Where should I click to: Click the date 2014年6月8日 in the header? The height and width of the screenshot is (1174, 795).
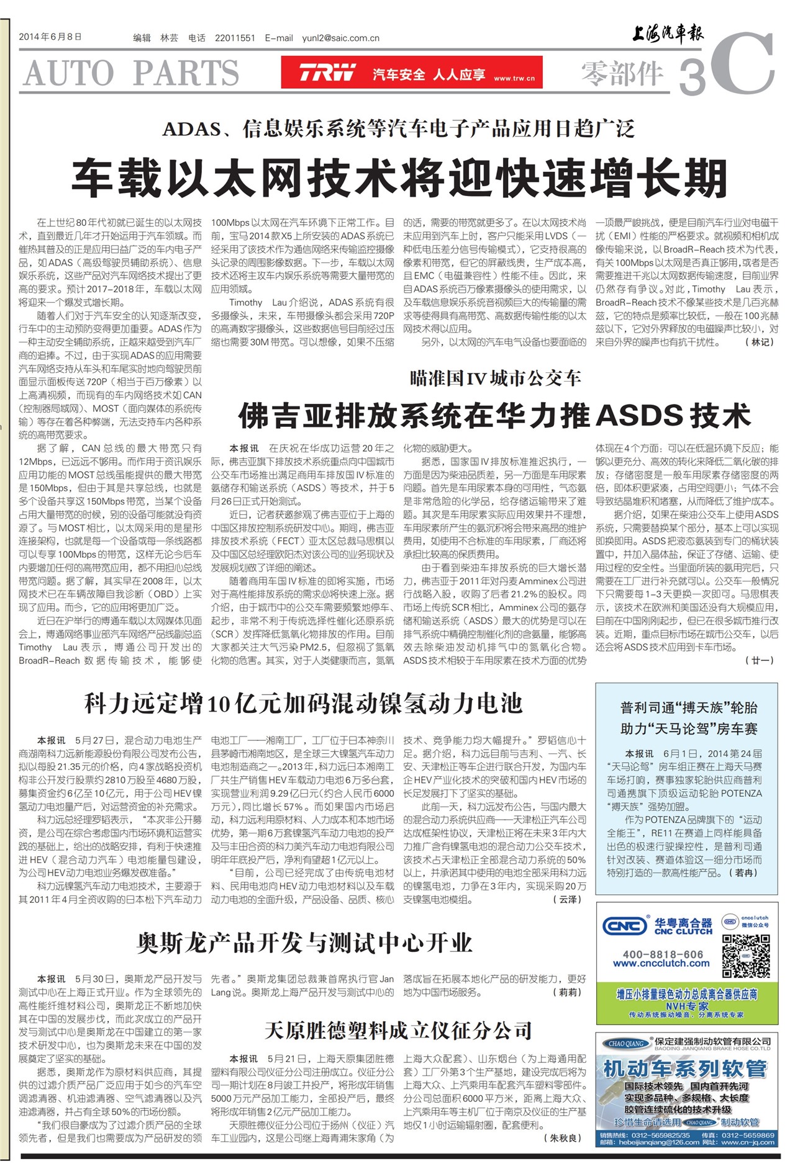point(50,37)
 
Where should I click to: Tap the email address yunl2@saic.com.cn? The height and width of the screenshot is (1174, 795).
point(340,38)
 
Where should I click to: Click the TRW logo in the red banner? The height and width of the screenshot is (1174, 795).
point(327,73)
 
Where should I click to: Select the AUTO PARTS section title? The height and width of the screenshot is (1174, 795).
point(131,73)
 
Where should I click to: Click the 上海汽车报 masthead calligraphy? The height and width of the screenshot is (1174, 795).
point(668,34)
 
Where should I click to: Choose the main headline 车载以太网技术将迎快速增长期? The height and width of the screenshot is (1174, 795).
point(399,178)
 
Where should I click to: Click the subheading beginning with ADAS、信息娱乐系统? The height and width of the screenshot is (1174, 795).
point(398,129)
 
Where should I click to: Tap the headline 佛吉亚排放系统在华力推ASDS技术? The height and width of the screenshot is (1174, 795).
point(494,415)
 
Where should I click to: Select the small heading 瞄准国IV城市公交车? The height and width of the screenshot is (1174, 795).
point(495,378)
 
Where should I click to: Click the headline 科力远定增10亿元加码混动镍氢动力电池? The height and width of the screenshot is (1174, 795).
point(303,704)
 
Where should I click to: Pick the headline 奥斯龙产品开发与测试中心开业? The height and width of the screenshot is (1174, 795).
point(304,943)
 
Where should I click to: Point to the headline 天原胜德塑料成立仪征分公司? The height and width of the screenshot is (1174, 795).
point(398,1031)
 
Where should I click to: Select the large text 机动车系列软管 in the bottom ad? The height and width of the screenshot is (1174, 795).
point(685,1069)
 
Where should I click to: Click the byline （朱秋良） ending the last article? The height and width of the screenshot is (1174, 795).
point(563,1137)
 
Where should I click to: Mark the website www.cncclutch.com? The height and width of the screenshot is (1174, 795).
point(661,964)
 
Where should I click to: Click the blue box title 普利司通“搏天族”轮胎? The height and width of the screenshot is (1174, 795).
point(688,707)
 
